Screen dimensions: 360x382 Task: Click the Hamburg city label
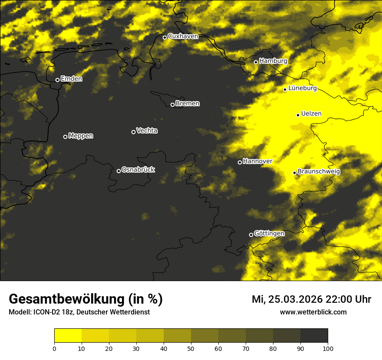[273, 61]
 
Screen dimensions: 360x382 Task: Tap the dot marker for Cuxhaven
[165, 37]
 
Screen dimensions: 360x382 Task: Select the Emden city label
[71, 79]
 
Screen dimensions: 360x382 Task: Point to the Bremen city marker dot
[172, 105]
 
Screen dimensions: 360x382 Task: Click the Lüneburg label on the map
[302, 88]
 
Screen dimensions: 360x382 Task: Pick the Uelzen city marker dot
[298, 115]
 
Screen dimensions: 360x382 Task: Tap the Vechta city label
[147, 131]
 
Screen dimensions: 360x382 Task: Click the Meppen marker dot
[65, 137]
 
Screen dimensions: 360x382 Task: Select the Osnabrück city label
[138, 170]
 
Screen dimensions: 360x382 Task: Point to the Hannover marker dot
[240, 162]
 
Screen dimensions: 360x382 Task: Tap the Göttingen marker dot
[251, 235]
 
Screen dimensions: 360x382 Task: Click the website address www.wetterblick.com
[313, 312]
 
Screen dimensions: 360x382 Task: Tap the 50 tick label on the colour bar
[191, 348]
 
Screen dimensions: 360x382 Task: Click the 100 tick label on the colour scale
[327, 348]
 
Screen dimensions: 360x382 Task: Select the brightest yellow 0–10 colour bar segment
[68, 336]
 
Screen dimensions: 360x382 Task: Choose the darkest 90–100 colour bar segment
[314, 336]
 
